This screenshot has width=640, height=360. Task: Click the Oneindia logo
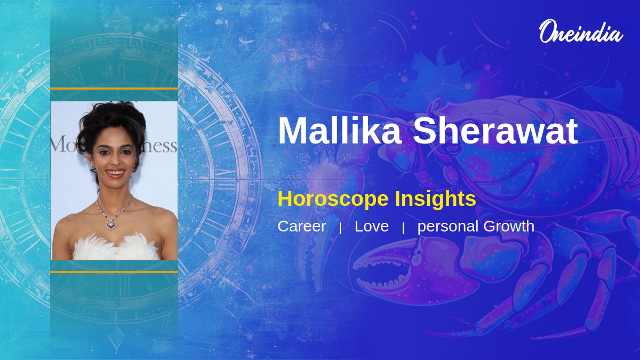pyautogui.click(x=581, y=31)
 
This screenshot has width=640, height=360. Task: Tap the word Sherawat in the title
pyautogui.click(x=495, y=131)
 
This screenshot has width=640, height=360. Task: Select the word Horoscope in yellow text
pyautogui.click(x=333, y=199)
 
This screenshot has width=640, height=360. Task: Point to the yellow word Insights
pyautogui.click(x=435, y=199)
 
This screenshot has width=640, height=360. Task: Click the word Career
pyautogui.click(x=302, y=226)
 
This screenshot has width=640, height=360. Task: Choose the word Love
pyautogui.click(x=372, y=226)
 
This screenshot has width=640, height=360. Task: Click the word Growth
pyautogui.click(x=509, y=226)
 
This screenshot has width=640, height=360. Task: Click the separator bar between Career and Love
pyautogui.click(x=340, y=228)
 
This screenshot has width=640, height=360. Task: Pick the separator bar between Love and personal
pyautogui.click(x=403, y=228)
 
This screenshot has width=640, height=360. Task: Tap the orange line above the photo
pyautogui.click(x=114, y=89)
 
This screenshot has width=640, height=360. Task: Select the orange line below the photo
pyautogui.click(x=114, y=272)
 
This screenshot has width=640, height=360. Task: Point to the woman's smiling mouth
pyautogui.click(x=115, y=173)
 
